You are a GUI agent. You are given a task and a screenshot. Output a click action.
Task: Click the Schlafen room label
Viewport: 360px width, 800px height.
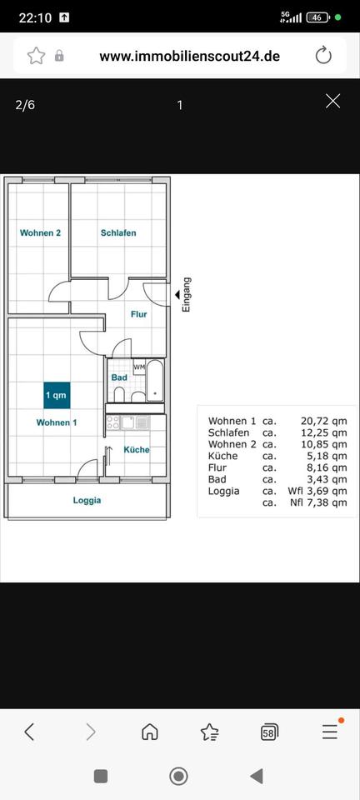pyautogui.click(x=118, y=233)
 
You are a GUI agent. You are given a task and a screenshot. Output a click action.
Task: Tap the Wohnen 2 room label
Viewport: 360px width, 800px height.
pyautogui.click(x=40, y=233)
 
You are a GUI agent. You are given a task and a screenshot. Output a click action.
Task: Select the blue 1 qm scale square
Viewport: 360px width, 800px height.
pyautogui.click(x=57, y=395)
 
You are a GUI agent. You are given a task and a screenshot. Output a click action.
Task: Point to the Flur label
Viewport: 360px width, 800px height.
pyautogui.click(x=138, y=314)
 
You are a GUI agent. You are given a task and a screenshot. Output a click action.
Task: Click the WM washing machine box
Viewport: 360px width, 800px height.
pyautogui.click(x=139, y=367)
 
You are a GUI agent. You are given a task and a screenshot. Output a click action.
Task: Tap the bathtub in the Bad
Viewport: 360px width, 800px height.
pyautogui.click(x=154, y=381)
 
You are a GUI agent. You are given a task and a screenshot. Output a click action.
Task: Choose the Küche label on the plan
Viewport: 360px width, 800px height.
pyautogui.click(x=137, y=449)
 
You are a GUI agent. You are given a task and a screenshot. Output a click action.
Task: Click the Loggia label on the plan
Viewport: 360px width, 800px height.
pyautogui.click(x=87, y=501)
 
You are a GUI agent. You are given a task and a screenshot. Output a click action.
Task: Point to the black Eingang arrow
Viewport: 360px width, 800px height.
pyautogui.click(x=177, y=294)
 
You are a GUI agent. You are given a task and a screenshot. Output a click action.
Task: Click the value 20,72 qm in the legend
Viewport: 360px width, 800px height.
pyautogui.click(x=324, y=421)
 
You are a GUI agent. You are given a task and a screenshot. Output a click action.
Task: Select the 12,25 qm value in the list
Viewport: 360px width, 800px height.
pyautogui.click(x=324, y=432)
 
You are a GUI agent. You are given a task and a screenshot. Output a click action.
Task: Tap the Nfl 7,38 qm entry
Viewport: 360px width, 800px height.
pyautogui.click(x=317, y=503)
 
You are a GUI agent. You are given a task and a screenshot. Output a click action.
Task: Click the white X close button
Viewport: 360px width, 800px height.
pyautogui.click(x=333, y=102)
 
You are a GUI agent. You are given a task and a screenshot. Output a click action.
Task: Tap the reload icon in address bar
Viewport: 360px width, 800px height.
pyautogui.click(x=323, y=56)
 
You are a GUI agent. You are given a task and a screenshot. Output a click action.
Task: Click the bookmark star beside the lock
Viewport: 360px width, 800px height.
pyautogui.click(x=36, y=56)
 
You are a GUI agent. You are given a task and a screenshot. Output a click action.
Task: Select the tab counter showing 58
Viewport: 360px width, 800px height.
pyautogui.click(x=269, y=732)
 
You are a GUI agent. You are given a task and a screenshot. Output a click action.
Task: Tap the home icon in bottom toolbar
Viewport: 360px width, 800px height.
pyautogui.click(x=149, y=732)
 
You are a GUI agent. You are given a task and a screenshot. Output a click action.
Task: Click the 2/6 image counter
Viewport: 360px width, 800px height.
pyautogui.click(x=26, y=105)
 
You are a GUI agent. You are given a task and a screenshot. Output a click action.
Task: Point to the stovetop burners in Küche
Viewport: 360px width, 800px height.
pyautogui.click(x=113, y=422)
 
